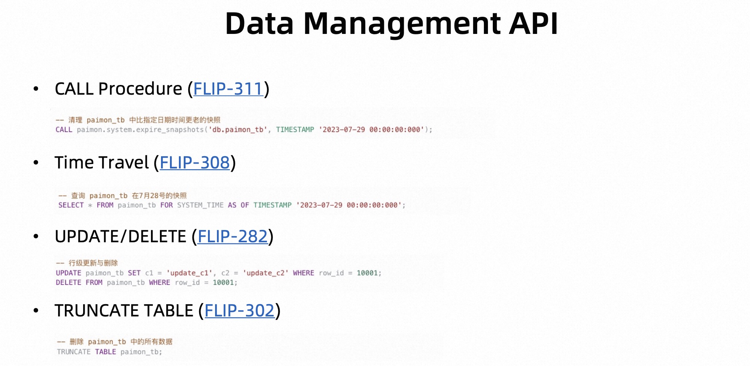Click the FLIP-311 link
pyautogui.click(x=228, y=89)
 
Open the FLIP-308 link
pyautogui.click(x=195, y=163)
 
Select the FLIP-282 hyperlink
pyautogui.click(x=233, y=236)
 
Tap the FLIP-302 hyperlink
pyautogui.click(x=239, y=310)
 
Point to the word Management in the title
pyautogui.click(x=403, y=23)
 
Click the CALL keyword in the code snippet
pyautogui.click(x=64, y=130)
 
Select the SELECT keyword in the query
pyautogui.click(x=71, y=205)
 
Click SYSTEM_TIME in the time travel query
pyautogui.click(x=200, y=205)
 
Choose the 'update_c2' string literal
pyautogui.click(x=266, y=273)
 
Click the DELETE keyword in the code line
pyautogui.click(x=68, y=283)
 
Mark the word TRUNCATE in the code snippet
pyautogui.click(x=73, y=352)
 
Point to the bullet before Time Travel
pyautogui.click(x=36, y=163)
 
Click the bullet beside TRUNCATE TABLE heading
pyautogui.click(x=36, y=311)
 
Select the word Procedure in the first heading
pyautogui.click(x=140, y=89)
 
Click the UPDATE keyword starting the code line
pyautogui.click(x=68, y=273)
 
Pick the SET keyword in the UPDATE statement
pyautogui.click(x=134, y=273)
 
